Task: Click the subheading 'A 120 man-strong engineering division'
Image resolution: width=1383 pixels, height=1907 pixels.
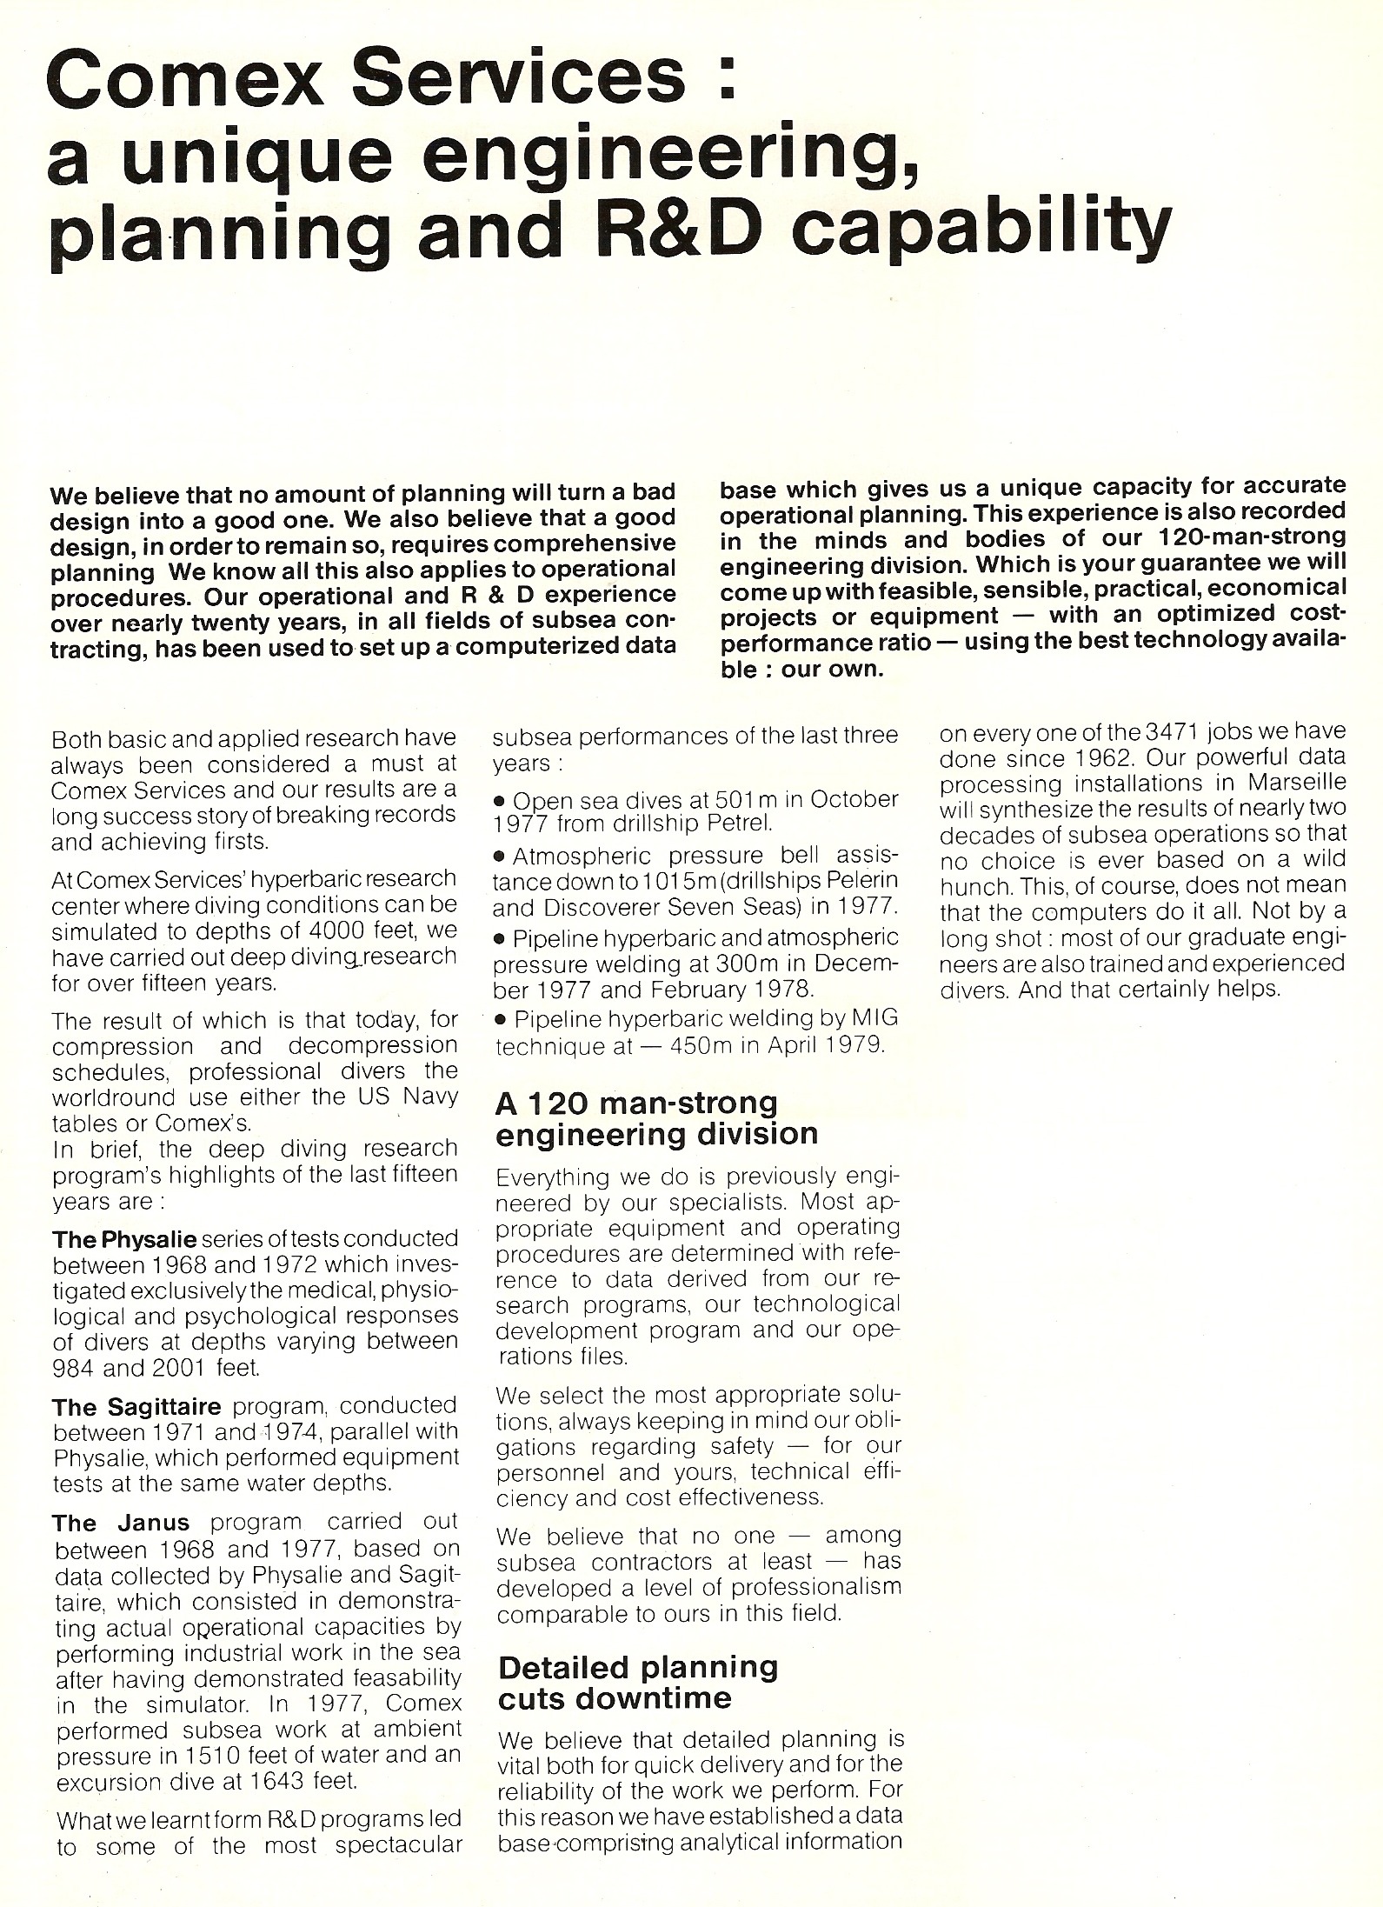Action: [656, 1118]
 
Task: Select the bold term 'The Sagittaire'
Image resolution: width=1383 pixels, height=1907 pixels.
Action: [136, 1405]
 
